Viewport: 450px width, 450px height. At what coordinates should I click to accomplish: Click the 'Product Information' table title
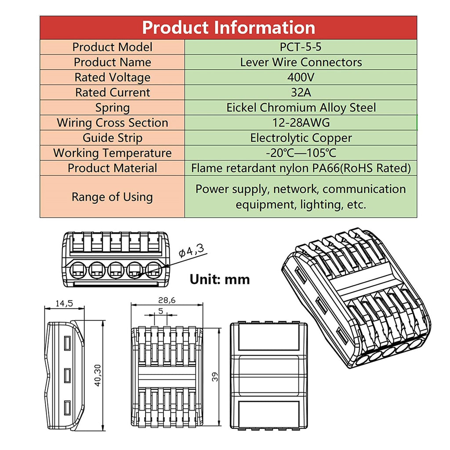(x=229, y=27)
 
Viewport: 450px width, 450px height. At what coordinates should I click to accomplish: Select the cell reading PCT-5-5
(x=301, y=47)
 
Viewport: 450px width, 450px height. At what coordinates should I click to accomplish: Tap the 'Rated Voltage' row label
(x=112, y=77)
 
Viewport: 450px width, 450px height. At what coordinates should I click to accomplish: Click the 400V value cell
(x=301, y=77)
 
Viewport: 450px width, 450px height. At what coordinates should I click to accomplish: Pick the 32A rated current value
(x=301, y=92)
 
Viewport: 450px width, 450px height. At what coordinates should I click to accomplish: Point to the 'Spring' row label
(x=112, y=108)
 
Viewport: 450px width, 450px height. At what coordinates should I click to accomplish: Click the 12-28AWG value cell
(x=301, y=123)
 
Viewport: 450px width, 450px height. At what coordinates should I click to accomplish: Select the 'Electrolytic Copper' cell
(x=301, y=138)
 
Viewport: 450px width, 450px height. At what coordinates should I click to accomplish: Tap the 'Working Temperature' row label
(x=112, y=153)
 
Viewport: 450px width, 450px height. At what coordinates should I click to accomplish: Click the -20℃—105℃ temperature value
(x=301, y=153)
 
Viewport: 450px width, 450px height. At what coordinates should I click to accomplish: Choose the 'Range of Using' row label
(x=112, y=196)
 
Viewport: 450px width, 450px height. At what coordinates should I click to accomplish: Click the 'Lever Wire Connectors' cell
(x=301, y=62)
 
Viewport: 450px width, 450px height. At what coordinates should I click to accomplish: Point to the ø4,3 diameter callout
(x=192, y=251)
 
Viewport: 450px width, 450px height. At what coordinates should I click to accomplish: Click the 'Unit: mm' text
(x=220, y=279)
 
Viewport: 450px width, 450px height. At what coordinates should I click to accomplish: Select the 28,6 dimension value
(x=167, y=300)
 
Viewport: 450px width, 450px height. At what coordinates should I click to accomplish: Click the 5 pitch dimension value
(x=160, y=310)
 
